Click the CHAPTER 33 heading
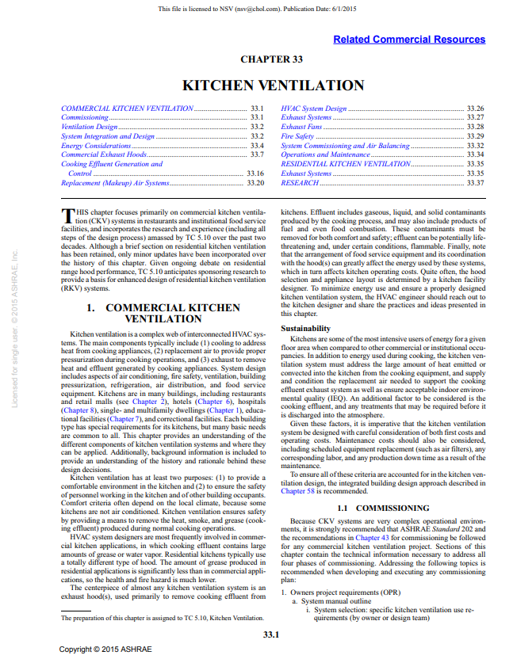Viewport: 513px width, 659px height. [273, 59]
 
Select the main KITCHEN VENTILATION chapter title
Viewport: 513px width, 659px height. [274, 85]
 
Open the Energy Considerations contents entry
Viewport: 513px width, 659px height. [83, 146]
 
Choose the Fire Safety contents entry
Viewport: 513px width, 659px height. [297, 136]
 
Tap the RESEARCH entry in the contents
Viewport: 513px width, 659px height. [300, 183]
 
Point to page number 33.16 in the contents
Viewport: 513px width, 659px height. [255, 173]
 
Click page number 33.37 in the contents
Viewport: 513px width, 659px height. [475, 183]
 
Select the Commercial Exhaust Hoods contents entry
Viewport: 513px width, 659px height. [104, 154]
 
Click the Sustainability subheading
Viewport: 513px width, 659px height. [306, 328]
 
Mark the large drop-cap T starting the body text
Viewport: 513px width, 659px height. [67, 216]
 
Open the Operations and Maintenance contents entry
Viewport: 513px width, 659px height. [325, 154]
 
